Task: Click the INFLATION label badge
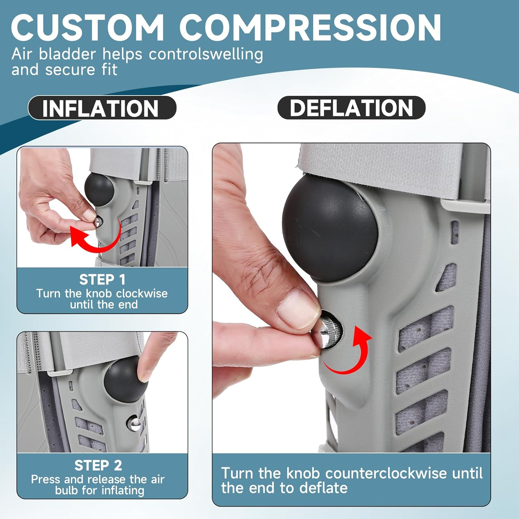[x=102, y=108]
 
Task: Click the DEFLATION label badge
[x=351, y=108]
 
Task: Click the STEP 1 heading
[x=102, y=279]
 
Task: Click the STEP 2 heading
[x=98, y=465]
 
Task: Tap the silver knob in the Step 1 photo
[x=98, y=221]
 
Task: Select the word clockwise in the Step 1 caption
[x=142, y=293]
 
